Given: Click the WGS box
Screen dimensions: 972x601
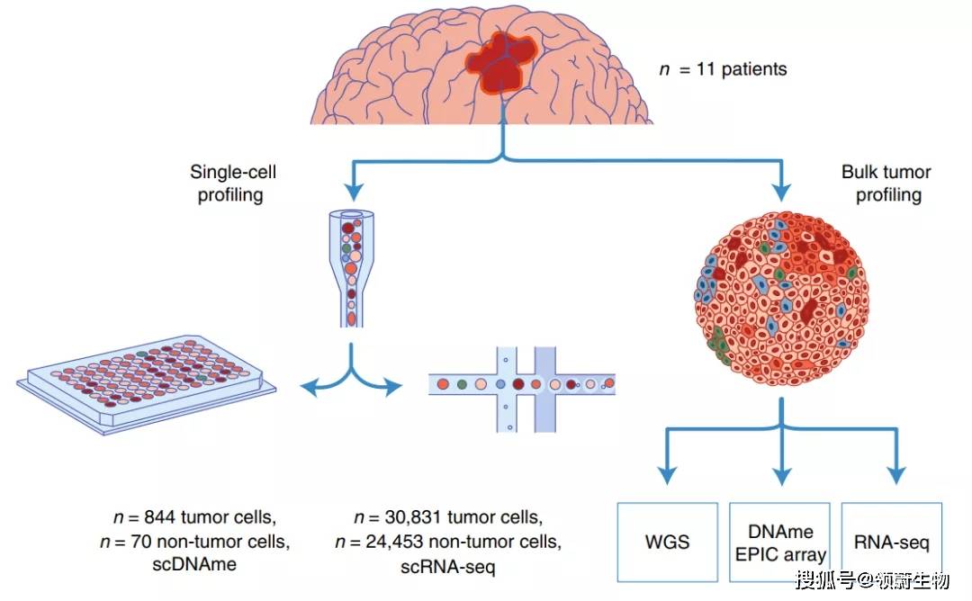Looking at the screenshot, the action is (668, 543).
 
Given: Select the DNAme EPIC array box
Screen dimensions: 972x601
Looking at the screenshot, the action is (779, 543).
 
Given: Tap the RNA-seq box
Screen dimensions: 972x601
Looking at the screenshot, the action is (891, 543).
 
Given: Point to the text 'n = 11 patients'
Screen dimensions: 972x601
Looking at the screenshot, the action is (723, 68).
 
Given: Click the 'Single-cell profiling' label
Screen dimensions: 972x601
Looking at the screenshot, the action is (232, 183).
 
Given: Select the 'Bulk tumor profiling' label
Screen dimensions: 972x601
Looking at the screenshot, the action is (887, 183).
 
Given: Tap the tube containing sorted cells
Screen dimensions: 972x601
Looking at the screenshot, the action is (352, 269).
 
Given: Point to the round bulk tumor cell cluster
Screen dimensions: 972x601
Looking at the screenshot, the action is (782, 299).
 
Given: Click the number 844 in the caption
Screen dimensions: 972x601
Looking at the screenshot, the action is (160, 516).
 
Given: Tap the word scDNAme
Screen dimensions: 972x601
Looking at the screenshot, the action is (194, 564).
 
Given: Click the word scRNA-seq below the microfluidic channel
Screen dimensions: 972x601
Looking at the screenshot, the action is (447, 566).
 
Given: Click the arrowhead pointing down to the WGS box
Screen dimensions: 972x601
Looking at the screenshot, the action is (667, 475).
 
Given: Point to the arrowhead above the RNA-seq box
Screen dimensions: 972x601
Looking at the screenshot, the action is (895, 475).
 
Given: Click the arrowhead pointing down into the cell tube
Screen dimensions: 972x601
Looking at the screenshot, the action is (354, 192).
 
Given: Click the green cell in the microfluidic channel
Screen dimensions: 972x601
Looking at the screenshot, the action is (462, 384).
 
